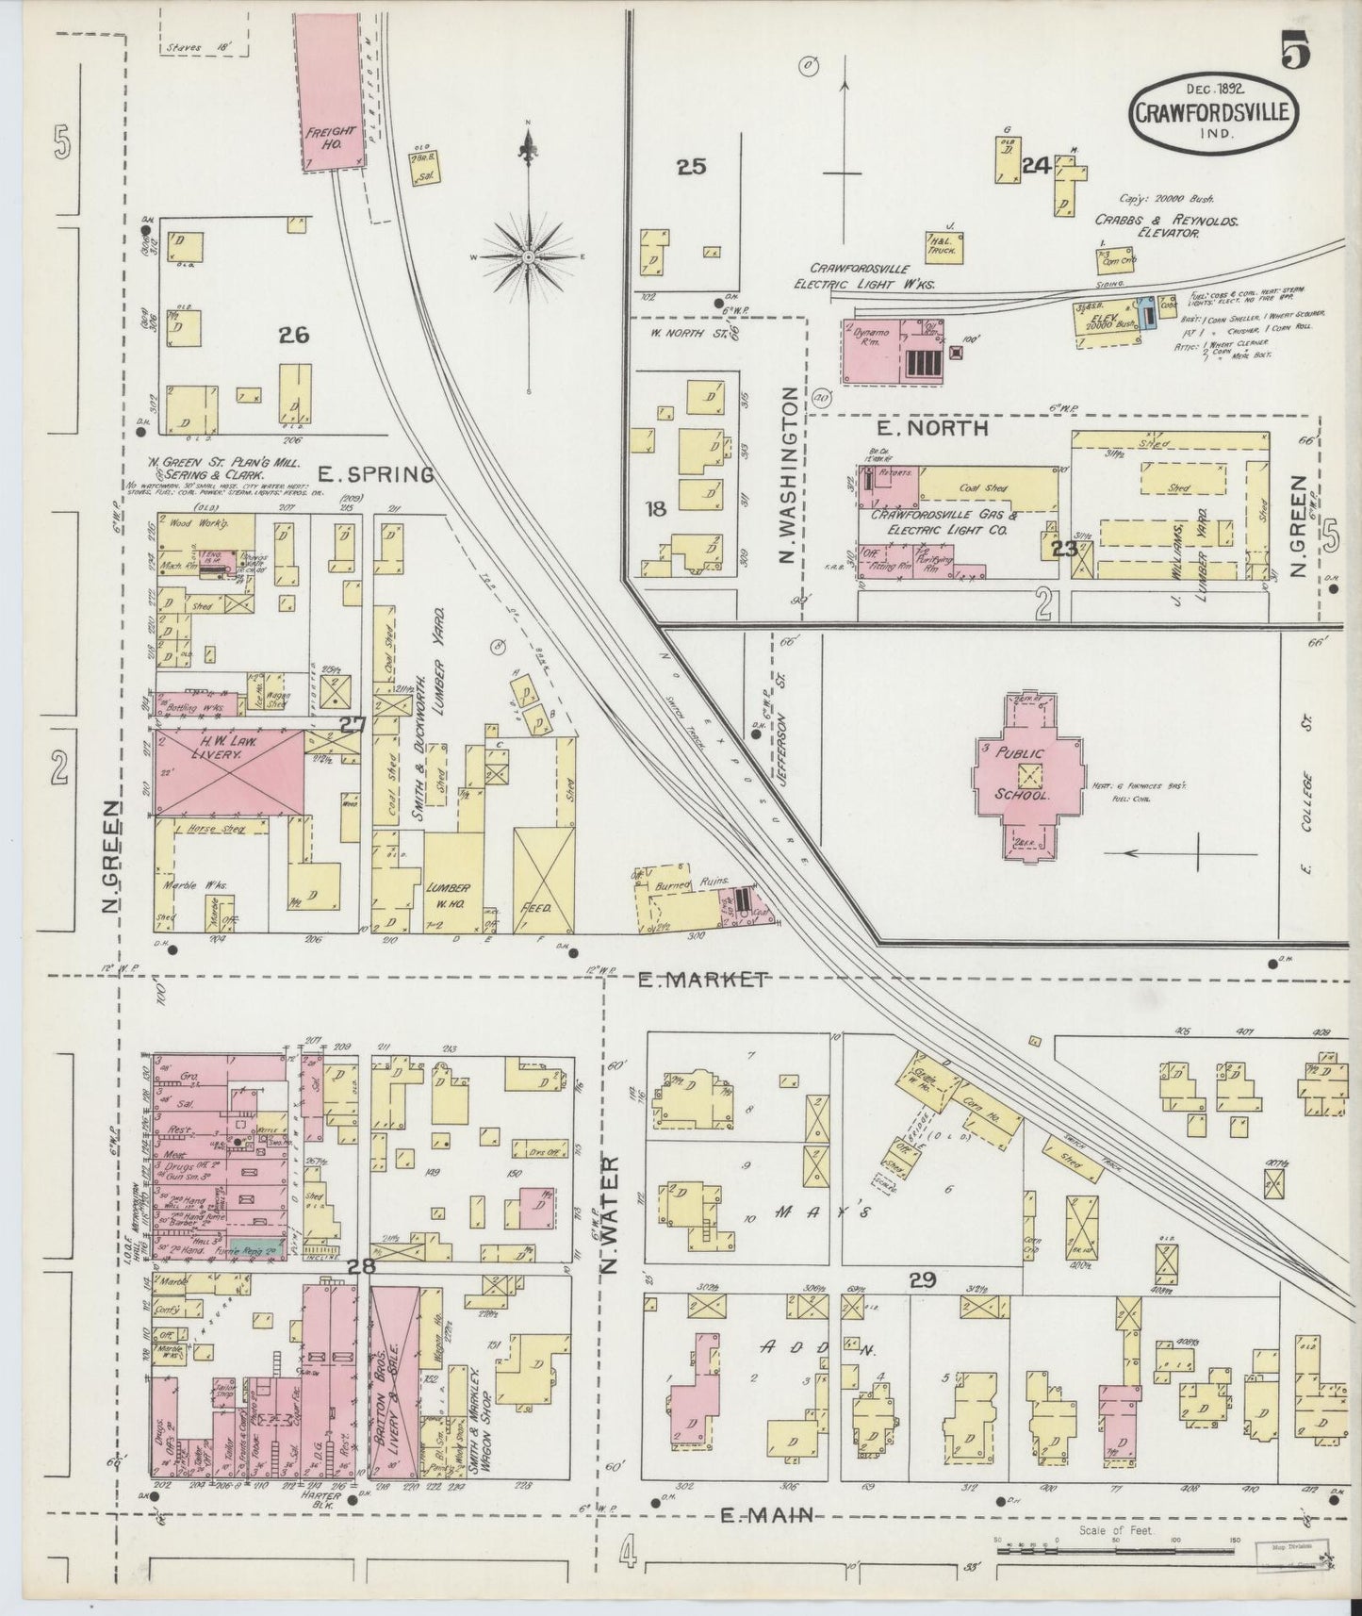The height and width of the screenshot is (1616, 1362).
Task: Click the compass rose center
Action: click(x=529, y=256)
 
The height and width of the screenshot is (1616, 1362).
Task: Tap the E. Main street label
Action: click(x=766, y=1515)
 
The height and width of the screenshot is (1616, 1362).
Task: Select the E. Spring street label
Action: click(x=376, y=474)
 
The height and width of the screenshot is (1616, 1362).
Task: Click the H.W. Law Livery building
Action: click(x=229, y=770)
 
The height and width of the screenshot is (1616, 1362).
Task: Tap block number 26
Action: click(x=294, y=335)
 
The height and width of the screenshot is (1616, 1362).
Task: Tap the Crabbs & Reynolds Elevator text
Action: click(x=1166, y=225)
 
